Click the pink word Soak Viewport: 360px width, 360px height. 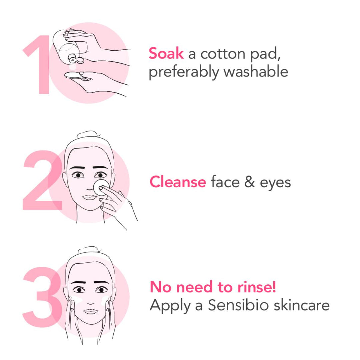[166, 54]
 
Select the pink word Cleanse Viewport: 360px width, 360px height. [178, 182]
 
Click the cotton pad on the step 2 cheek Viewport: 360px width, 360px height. [101, 188]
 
